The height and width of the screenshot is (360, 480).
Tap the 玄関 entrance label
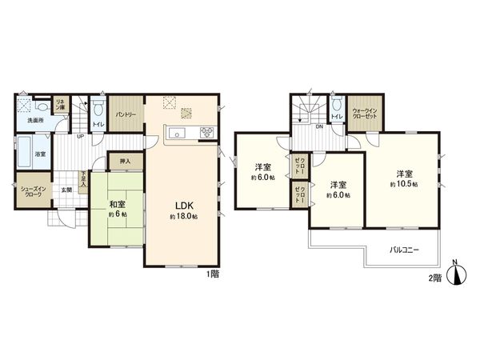[x=68, y=190]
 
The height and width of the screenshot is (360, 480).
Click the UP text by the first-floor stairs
[x=80, y=136]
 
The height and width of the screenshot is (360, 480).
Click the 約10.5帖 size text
[x=404, y=185]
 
